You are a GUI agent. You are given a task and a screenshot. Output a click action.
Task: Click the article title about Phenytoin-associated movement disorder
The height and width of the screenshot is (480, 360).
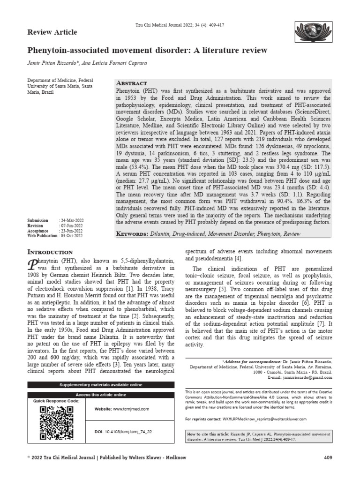click(x=148, y=50)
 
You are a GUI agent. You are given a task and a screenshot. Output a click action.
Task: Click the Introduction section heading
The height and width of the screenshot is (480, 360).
click(x=51, y=251)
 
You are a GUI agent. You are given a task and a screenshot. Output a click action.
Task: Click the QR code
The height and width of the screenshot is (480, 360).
click(x=56, y=423)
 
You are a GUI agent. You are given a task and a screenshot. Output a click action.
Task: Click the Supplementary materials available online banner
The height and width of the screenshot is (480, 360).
click(x=101, y=385)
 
